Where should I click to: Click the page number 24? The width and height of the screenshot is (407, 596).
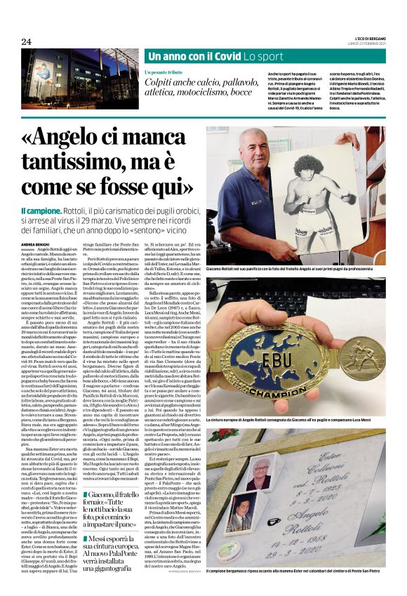(x=27, y=41)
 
